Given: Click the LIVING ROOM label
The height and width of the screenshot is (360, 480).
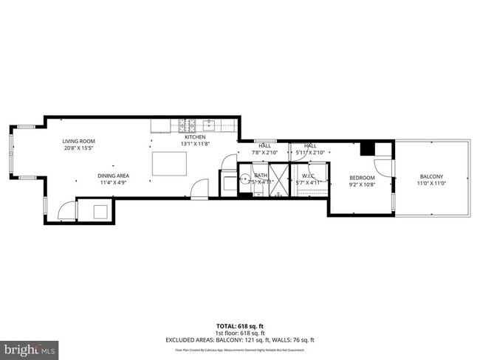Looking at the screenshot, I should coord(78,141).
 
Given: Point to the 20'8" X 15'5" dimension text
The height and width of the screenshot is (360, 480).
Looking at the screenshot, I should coord(78,148).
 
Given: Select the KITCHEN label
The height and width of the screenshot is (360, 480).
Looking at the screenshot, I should coord(195,137).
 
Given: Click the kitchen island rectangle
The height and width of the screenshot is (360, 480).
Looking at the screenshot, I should coord(168,163).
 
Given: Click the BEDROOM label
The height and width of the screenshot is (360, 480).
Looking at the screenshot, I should coord(362,178).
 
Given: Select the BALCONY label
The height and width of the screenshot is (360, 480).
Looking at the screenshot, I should coord(431,176).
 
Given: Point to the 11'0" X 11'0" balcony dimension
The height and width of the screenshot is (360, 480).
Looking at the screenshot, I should coord(431,184).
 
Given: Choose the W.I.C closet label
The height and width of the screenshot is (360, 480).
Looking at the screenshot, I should coord(309,176).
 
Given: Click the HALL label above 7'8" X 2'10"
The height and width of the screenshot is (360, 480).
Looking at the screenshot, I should coord(264,146).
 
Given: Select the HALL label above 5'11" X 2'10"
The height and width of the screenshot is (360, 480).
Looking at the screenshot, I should coord(310,146).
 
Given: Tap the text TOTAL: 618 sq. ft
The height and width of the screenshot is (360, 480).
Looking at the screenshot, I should coord(240,325).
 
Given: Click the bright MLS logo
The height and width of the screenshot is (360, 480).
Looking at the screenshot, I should coord(30,347).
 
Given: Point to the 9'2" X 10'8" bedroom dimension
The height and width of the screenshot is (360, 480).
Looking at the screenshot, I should coord(362,185).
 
